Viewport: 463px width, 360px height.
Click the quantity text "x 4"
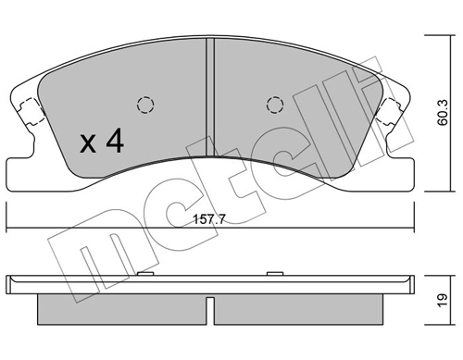point(102,143)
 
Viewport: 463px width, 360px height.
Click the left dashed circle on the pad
point(144,104)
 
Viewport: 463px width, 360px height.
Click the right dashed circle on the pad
point(274,104)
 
